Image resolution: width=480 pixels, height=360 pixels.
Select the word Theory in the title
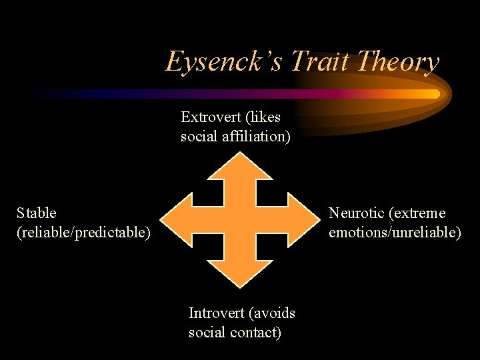[x=398, y=62]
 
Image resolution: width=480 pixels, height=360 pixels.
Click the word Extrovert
[x=210, y=117]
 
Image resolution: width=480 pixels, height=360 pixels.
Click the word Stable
[x=37, y=213]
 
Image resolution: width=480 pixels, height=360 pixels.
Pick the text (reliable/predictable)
[x=83, y=232]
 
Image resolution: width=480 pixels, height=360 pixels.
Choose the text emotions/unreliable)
[x=395, y=232]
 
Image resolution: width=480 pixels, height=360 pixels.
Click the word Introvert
[x=217, y=313]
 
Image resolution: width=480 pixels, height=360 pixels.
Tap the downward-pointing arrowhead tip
[x=239, y=287]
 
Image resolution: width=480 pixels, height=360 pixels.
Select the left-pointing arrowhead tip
[x=163, y=220]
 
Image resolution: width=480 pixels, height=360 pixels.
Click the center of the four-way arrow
[x=239, y=220]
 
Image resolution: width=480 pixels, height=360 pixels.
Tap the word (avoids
[x=272, y=313]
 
